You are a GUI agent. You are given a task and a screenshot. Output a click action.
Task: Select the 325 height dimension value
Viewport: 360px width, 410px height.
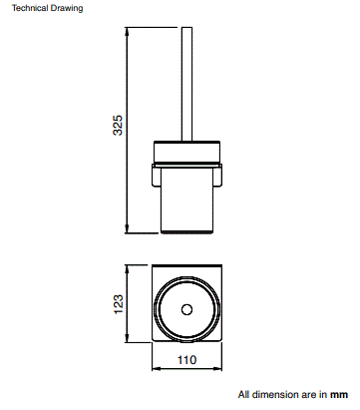pyautogui.click(x=118, y=126)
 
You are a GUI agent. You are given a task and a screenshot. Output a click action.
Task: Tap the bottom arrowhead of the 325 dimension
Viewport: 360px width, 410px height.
pyautogui.click(x=128, y=227)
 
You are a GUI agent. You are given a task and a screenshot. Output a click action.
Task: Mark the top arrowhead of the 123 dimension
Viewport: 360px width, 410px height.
pyautogui.click(x=128, y=269)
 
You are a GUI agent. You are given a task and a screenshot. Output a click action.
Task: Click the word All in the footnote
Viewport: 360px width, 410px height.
pyautogui.click(x=243, y=394)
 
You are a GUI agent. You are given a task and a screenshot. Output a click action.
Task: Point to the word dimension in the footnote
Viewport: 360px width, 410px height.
pyautogui.click(x=275, y=394)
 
